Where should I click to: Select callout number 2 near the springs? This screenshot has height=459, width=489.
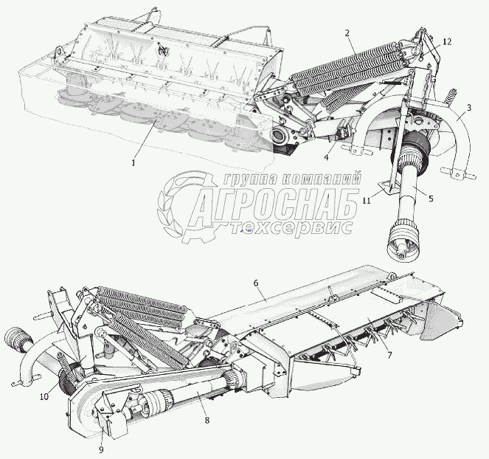[x=347, y=33]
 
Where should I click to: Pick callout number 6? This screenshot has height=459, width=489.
[x=255, y=283]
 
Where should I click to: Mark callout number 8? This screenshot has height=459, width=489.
[x=207, y=420]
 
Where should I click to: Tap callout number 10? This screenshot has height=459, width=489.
[x=44, y=397]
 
